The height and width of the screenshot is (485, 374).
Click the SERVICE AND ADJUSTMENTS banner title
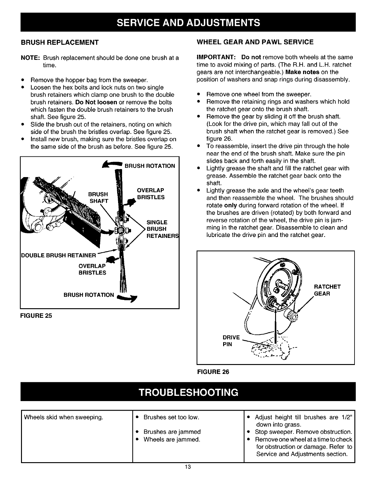tap(188, 23)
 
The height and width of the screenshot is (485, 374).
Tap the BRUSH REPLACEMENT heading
tap(60, 42)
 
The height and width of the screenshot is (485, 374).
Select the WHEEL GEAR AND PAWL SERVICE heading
tap(255, 42)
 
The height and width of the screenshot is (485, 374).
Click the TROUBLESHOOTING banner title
tap(188, 392)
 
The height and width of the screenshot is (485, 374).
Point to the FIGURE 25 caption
tap(36, 316)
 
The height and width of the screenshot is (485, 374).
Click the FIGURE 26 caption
tap(213, 372)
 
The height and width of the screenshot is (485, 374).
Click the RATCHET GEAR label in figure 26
tap(327, 290)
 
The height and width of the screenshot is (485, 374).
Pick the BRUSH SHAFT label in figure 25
tap(98, 197)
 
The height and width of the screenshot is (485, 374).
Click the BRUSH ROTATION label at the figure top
tap(150, 166)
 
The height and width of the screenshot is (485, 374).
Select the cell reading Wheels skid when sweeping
tap(63, 417)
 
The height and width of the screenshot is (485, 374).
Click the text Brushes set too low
tap(171, 417)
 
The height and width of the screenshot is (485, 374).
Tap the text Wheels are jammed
tap(172, 439)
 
